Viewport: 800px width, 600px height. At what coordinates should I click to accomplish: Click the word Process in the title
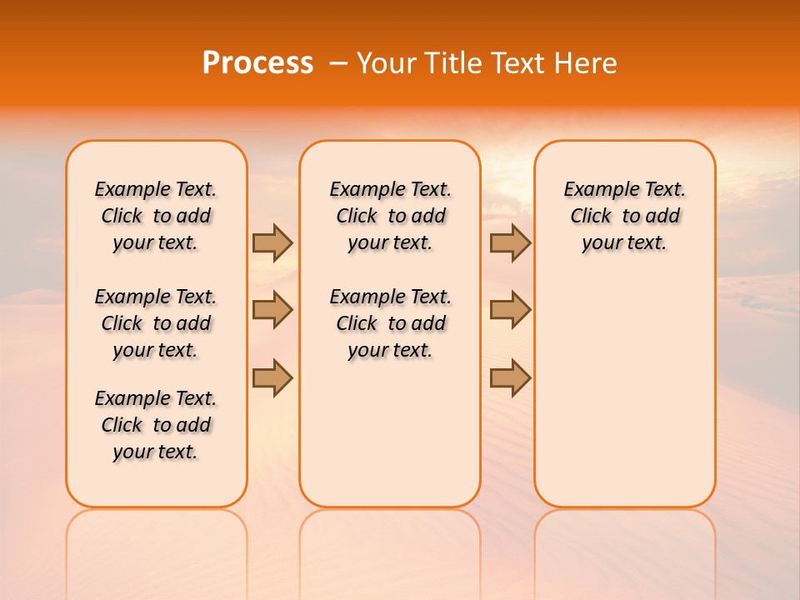tap(257, 63)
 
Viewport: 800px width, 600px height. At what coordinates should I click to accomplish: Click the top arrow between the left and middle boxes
tap(272, 242)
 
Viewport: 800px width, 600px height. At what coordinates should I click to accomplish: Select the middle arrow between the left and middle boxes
tap(272, 310)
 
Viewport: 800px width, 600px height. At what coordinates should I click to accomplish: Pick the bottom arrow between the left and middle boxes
tap(272, 377)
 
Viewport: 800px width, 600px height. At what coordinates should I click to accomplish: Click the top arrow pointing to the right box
tap(510, 242)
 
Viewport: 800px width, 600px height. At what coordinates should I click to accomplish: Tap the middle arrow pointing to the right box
tap(510, 310)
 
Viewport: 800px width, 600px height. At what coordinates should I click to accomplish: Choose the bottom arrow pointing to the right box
tap(510, 377)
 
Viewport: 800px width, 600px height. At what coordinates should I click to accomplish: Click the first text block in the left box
tap(156, 216)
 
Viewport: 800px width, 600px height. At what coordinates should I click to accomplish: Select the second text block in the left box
tap(156, 323)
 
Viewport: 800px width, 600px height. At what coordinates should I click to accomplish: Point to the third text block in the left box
tap(156, 425)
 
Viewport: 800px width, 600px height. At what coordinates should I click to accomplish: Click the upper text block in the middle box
tap(391, 216)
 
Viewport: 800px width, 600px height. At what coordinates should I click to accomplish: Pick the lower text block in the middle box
tap(391, 323)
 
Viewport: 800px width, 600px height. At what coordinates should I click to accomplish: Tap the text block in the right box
tap(625, 216)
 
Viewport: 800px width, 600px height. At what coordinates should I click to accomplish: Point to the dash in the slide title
tap(338, 63)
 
